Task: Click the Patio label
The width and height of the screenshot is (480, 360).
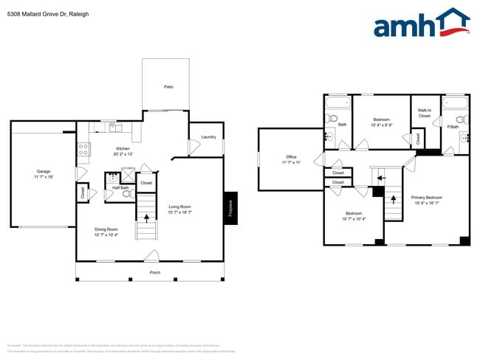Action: (x=168, y=87)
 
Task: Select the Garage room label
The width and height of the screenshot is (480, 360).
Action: (x=44, y=172)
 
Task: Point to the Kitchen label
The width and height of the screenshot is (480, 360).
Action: (x=123, y=149)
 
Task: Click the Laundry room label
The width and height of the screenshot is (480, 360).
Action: (x=208, y=136)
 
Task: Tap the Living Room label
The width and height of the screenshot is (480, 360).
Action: (x=179, y=207)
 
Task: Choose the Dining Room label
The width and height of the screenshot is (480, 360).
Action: (x=106, y=229)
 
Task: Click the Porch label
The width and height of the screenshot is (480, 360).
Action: (x=155, y=272)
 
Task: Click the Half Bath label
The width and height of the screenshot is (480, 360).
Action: (x=121, y=187)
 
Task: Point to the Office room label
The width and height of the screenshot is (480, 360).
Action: (x=291, y=157)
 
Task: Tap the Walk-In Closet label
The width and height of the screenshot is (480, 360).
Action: (x=424, y=113)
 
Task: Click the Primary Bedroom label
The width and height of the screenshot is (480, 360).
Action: (x=427, y=198)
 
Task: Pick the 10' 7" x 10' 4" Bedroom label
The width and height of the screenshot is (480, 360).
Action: (x=354, y=215)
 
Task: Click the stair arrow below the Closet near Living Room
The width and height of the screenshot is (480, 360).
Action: (x=146, y=217)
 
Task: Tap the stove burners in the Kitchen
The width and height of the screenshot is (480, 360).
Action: (x=83, y=151)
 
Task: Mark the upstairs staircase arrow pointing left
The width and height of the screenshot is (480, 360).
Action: (x=381, y=177)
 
